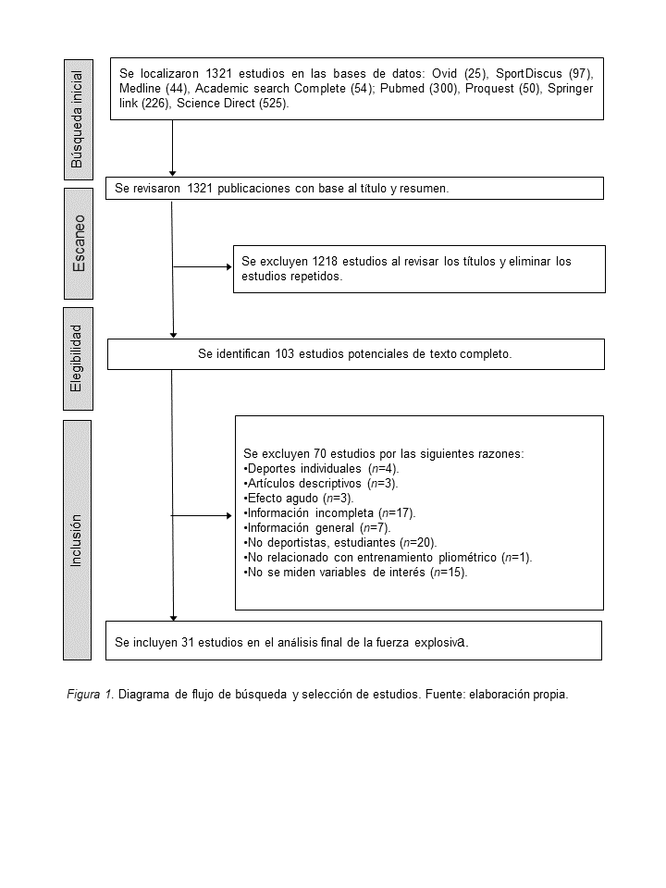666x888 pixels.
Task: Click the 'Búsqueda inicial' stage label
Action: point(78,119)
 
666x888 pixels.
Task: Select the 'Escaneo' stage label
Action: point(79,243)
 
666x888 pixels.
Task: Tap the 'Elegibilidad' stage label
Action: point(78,357)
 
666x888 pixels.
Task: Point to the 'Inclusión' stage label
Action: point(78,540)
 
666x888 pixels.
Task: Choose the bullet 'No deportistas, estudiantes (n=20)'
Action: point(339,542)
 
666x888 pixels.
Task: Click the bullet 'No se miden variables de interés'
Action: point(357,572)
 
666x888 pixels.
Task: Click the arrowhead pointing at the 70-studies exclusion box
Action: point(229,516)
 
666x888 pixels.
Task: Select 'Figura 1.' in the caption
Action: point(91,693)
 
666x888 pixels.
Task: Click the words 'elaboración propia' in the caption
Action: point(522,693)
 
